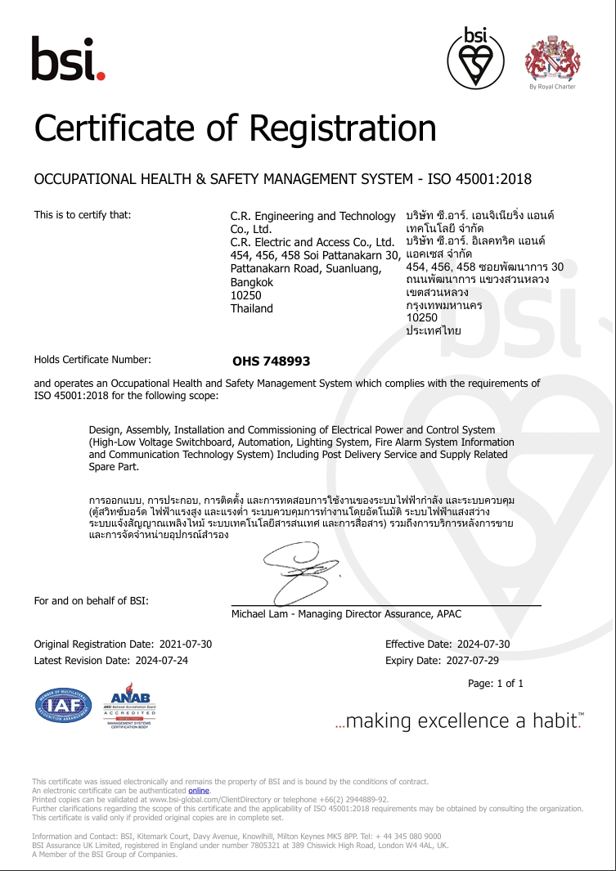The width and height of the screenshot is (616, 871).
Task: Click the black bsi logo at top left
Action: pos(68,58)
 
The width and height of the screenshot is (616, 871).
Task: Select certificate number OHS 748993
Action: pos(271,361)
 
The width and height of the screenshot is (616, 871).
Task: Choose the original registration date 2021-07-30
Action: pos(184,644)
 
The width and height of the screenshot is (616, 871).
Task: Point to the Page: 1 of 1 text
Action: pos(495,684)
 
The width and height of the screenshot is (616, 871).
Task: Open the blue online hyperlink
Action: pos(199,791)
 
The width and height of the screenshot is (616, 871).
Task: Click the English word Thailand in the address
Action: pos(252,308)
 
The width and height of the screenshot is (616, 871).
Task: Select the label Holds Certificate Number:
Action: pos(92,359)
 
